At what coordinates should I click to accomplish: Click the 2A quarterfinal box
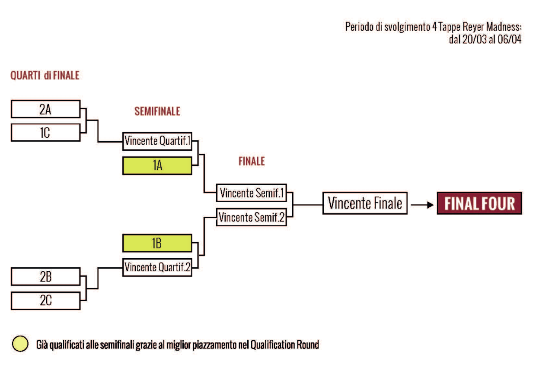click(x=45, y=109)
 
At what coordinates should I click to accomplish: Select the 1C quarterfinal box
click(x=45, y=132)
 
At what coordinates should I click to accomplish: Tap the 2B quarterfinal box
click(x=45, y=276)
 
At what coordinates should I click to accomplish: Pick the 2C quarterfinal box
click(x=45, y=301)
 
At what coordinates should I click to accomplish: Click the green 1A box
click(x=157, y=166)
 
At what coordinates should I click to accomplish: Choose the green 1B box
click(x=157, y=243)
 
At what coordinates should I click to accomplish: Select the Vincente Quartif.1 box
click(x=157, y=141)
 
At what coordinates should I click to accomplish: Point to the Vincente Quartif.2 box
click(x=157, y=267)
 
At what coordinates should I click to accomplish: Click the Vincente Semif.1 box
click(x=252, y=193)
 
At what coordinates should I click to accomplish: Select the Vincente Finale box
click(x=365, y=203)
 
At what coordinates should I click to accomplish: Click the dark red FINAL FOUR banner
click(x=479, y=203)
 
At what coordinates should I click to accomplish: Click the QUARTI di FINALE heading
click(x=45, y=76)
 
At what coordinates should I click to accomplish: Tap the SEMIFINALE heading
click(x=157, y=111)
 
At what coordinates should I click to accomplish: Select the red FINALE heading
click(x=252, y=162)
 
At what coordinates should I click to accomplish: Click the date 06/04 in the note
click(x=510, y=41)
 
